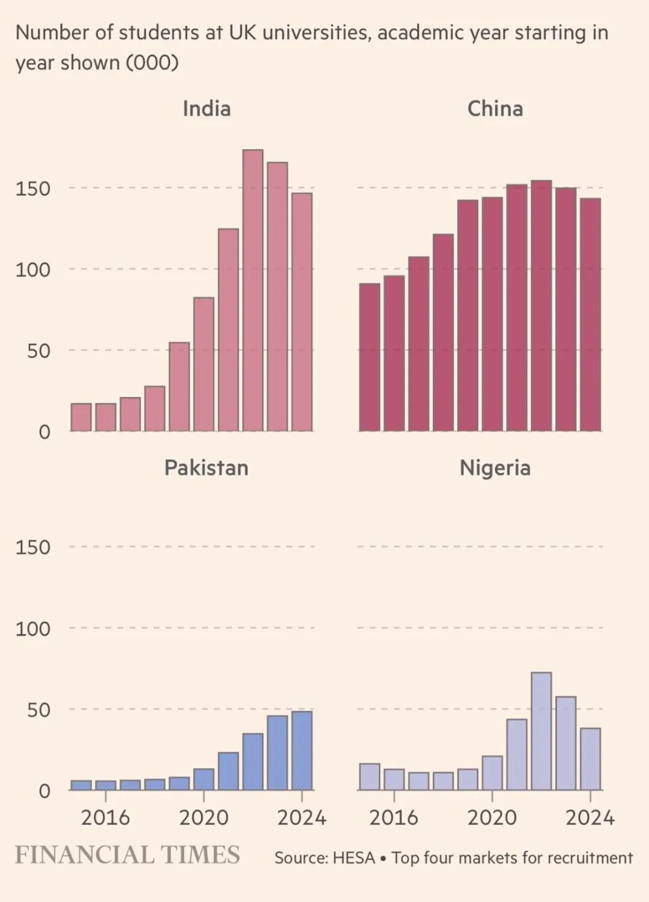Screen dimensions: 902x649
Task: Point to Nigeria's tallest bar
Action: click(541, 731)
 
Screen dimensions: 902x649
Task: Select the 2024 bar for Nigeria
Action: click(590, 759)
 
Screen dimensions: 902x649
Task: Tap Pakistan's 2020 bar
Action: click(204, 779)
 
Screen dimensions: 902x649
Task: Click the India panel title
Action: click(207, 109)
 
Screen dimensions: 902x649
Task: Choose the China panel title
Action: click(495, 109)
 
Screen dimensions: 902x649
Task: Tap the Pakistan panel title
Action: click(206, 468)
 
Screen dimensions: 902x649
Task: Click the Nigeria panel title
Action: click(495, 468)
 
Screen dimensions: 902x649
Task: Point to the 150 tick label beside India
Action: click(33, 189)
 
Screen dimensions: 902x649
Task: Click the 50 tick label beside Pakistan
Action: click(38, 710)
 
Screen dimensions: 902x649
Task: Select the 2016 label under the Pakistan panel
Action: click(105, 818)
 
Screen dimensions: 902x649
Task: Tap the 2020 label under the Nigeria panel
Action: click(492, 818)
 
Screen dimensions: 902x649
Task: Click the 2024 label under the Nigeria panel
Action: click(590, 818)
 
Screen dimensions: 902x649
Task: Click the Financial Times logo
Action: click(127, 855)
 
